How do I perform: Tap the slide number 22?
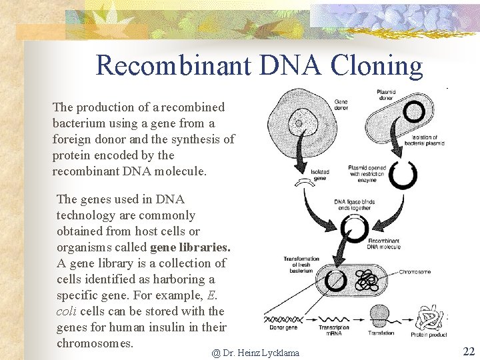[x=468, y=351]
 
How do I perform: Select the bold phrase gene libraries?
[x=190, y=247]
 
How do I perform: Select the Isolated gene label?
[x=320, y=175]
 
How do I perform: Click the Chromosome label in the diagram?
[x=415, y=272]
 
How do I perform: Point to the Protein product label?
[x=429, y=333]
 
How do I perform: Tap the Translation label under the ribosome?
[x=381, y=333]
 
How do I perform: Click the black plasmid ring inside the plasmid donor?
[x=414, y=112]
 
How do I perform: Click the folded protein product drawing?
[x=429, y=316]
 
